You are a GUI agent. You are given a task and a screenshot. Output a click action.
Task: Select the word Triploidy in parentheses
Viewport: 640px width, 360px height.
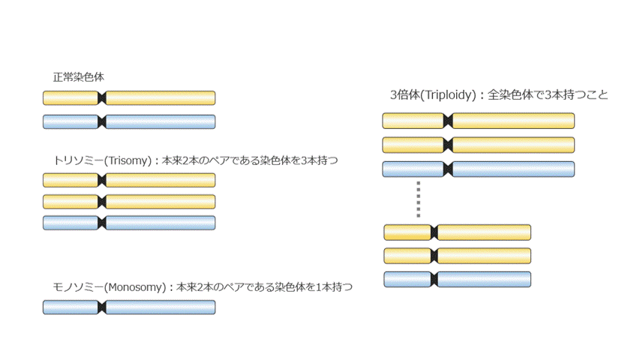[x=449, y=95]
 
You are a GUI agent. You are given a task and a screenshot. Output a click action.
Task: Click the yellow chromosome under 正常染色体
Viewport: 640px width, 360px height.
[x=158, y=97]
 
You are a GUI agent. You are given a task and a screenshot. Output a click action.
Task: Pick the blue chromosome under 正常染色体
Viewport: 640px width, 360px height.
[x=158, y=121]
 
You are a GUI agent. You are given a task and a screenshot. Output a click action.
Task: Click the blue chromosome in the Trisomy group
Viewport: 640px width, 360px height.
[x=158, y=223]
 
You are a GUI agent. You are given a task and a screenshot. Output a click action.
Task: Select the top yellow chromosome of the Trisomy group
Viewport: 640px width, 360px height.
[x=158, y=180]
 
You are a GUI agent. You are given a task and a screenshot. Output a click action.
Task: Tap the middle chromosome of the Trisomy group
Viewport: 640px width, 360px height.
[x=158, y=202]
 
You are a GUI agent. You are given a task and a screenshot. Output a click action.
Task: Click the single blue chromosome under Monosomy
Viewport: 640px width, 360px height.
[x=158, y=307]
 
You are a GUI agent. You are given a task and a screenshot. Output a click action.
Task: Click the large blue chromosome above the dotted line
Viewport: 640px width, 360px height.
[x=510, y=169]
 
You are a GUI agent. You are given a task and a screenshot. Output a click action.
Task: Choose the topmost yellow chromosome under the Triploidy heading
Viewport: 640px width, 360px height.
[x=510, y=121]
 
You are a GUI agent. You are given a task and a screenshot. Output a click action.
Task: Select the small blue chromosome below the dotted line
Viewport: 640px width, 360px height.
[x=484, y=280]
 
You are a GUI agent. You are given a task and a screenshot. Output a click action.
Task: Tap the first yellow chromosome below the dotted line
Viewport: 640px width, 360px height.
[x=484, y=232]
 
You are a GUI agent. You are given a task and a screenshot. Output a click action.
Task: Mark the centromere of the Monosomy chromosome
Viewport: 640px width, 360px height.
[x=102, y=307]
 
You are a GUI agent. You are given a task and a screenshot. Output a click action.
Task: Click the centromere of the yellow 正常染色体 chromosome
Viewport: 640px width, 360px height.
[x=102, y=97]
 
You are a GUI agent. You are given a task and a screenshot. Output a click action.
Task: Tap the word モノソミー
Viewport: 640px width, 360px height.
[x=76, y=286]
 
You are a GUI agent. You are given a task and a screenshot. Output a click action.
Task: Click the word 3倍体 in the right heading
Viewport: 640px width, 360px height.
[x=404, y=95]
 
